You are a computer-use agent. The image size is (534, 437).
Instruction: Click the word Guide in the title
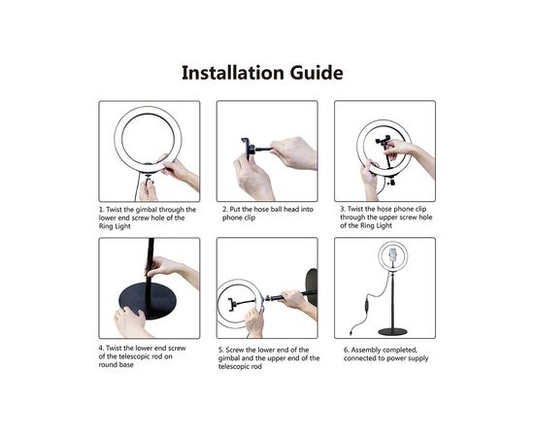(x=317, y=73)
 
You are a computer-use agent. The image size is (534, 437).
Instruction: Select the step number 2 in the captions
(x=225, y=209)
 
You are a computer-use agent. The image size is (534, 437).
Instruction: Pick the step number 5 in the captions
(x=221, y=350)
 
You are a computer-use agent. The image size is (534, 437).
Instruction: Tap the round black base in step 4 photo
(x=148, y=300)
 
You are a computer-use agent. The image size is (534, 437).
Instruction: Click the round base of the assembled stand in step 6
(x=392, y=331)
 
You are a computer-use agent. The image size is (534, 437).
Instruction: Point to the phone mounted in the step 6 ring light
(x=393, y=253)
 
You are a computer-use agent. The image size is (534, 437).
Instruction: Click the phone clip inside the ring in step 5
(x=232, y=304)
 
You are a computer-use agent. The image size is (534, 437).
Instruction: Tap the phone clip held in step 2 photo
(x=247, y=149)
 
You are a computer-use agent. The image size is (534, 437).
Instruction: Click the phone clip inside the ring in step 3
(x=383, y=142)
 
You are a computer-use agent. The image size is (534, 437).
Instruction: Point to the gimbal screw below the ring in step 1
(x=149, y=179)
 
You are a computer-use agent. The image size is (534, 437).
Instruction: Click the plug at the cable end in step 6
(x=351, y=331)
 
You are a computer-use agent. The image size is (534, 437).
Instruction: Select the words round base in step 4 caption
(x=117, y=365)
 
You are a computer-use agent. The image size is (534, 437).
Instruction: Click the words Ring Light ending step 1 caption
(x=115, y=226)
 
